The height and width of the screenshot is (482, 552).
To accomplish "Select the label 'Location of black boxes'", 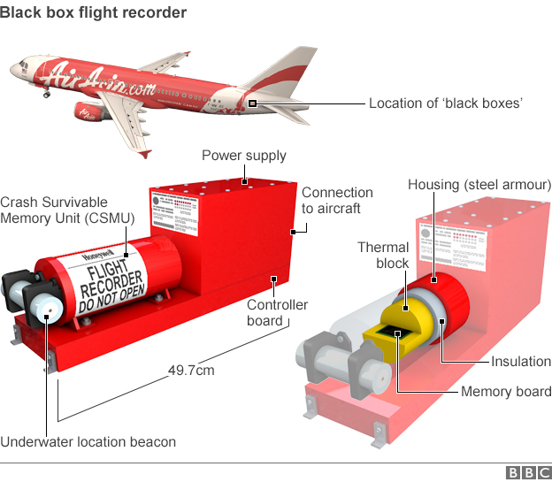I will pyautogui.click(x=446, y=103).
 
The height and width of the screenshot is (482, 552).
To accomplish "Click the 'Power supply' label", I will pyautogui.click(x=244, y=156).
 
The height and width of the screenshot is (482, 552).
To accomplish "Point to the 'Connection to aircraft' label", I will pyautogui.click(x=337, y=200).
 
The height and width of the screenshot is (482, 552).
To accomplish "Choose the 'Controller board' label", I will pyautogui.click(x=277, y=312).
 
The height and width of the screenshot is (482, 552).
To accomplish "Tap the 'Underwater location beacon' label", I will pyautogui.click(x=88, y=441).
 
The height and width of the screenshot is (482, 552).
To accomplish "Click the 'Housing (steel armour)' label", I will pyautogui.click(x=479, y=185).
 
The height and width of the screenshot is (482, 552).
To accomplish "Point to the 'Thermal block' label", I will pyautogui.click(x=383, y=256).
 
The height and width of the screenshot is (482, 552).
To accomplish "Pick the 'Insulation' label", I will pyautogui.click(x=521, y=362).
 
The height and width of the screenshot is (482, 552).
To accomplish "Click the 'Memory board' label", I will pyautogui.click(x=506, y=392).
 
